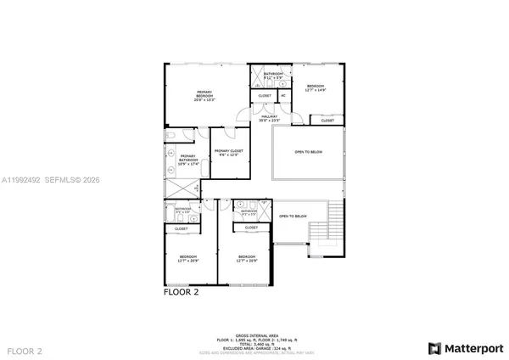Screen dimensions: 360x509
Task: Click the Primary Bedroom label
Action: pyautogui.click(x=204, y=95)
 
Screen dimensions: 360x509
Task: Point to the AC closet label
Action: pyautogui.click(x=283, y=96)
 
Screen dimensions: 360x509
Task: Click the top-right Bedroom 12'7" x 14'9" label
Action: pyautogui.click(x=316, y=88)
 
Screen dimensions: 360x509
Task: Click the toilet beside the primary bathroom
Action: pyautogui.click(x=170, y=136)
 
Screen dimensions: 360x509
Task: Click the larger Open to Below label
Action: pyautogui.click(x=310, y=153)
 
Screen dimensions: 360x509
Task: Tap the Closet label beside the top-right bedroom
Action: pyautogui.click(x=327, y=121)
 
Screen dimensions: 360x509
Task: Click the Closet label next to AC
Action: pyautogui.click(x=265, y=96)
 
